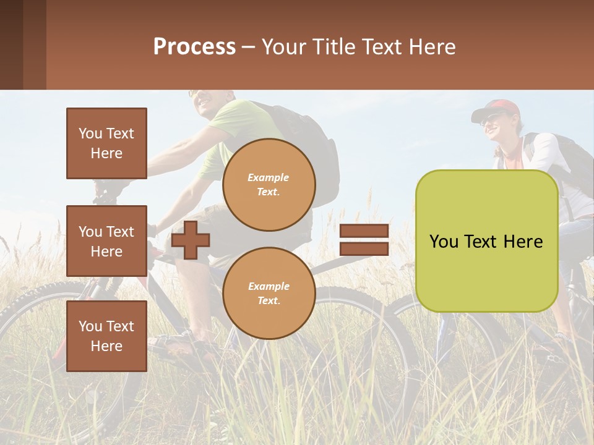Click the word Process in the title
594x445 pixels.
click(194, 47)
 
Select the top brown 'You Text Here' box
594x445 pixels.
click(106, 143)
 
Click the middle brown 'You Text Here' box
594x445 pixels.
click(106, 241)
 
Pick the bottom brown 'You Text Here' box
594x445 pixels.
click(106, 336)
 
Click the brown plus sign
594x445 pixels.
click(191, 240)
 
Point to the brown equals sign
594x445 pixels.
click(364, 240)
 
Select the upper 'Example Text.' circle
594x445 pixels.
click(269, 184)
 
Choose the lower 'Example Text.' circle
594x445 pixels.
click(269, 293)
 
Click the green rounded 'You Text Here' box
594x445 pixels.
click(486, 241)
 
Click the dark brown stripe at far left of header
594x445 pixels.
click(11, 44)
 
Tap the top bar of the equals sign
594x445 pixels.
click(364, 231)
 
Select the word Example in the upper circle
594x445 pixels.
click(269, 177)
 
